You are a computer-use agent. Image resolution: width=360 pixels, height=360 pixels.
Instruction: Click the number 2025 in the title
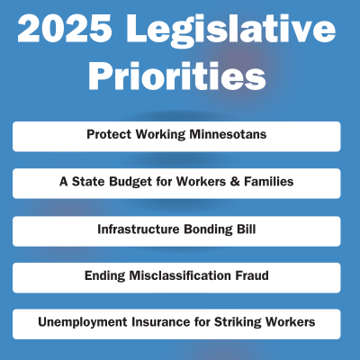coord(65,28)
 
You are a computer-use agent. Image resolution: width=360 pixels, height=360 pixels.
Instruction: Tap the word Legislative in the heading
coord(230,31)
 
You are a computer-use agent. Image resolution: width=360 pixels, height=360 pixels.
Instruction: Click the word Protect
coord(109,134)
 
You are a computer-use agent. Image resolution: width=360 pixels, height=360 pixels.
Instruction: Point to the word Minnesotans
coord(228,134)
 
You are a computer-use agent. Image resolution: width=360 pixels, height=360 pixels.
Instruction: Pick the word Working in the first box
coord(160,135)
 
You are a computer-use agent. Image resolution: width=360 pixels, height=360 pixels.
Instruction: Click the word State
coord(88,181)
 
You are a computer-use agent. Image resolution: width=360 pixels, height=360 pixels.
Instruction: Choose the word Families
coord(269,181)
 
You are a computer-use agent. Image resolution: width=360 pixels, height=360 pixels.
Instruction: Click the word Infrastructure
coord(139,229)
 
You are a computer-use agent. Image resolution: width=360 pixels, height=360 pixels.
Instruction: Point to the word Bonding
coord(208,229)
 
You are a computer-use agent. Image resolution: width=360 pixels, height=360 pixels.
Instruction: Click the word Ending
coord(104,276)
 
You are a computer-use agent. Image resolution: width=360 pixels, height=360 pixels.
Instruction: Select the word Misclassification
coord(180,275)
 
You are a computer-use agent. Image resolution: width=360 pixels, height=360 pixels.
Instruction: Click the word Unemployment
coord(83,322)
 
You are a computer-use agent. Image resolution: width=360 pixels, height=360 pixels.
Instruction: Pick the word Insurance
coord(160,322)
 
